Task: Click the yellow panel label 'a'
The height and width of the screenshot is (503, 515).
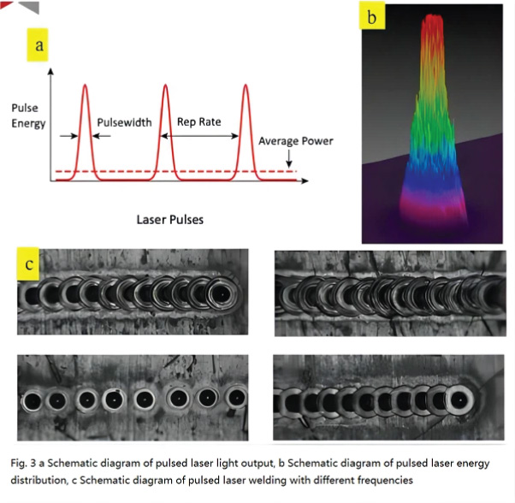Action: click(x=38, y=44)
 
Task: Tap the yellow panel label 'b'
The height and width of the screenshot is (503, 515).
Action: click(x=372, y=15)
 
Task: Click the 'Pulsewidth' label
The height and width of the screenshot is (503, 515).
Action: click(x=125, y=122)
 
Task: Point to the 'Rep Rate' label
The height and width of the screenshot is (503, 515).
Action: click(x=199, y=121)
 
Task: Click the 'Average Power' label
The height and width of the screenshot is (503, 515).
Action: click(x=296, y=141)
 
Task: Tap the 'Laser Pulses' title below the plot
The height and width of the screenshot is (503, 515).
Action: click(x=169, y=220)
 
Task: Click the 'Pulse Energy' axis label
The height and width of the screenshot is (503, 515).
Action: click(x=28, y=115)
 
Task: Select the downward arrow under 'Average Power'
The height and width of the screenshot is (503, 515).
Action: click(x=289, y=158)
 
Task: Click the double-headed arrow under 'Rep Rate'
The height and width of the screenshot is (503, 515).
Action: click(x=199, y=136)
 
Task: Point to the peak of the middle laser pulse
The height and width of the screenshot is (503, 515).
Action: click(x=165, y=85)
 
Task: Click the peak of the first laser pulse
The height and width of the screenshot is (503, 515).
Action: click(x=85, y=85)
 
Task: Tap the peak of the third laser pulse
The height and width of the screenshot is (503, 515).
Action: click(x=246, y=85)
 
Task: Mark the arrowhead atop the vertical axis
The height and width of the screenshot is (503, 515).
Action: click(x=50, y=71)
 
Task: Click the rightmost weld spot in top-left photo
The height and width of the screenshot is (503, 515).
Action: click(x=222, y=294)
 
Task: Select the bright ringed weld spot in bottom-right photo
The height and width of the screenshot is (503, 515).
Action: click(x=460, y=399)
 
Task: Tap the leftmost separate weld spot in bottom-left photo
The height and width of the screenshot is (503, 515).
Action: click(x=33, y=401)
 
